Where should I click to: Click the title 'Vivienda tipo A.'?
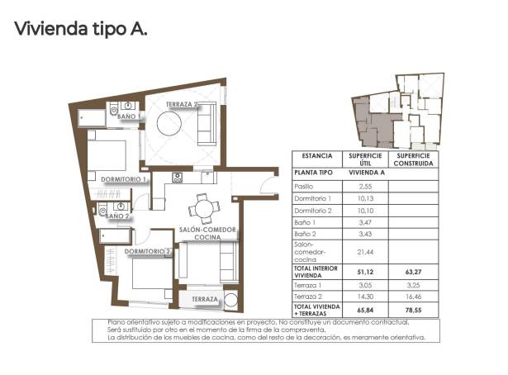click(x=80, y=29)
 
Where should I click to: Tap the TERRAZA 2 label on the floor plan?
click(x=182, y=105)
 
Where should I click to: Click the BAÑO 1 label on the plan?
click(x=128, y=117)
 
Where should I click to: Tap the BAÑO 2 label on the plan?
click(x=116, y=216)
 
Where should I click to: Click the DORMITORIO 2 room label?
click(x=148, y=251)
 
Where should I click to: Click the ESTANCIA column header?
click(x=317, y=155)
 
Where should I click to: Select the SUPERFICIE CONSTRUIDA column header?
click(x=415, y=159)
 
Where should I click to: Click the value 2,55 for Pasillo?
click(x=363, y=187)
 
